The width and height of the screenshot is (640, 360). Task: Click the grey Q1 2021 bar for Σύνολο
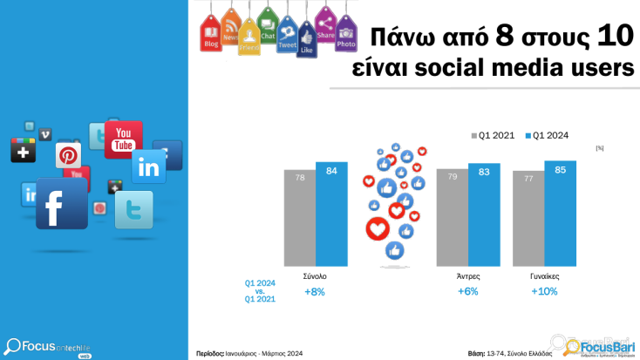tap(299, 218)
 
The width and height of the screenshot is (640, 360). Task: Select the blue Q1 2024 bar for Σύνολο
tap(331, 214)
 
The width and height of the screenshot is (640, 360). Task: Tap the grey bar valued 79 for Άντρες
tap(452, 217)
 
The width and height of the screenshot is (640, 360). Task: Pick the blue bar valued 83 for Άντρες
tap(484, 215)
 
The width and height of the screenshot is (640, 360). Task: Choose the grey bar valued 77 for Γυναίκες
tap(528, 219)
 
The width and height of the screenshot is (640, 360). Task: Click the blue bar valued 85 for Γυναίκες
tap(561, 214)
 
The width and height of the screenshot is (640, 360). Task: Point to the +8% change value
tap(314, 291)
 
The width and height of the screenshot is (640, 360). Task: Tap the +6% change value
tap(467, 291)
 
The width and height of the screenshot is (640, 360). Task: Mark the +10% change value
tap(544, 291)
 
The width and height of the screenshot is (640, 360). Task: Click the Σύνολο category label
tap(314, 275)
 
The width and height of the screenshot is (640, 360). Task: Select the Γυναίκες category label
tap(544, 275)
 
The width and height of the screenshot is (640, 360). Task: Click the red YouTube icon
tap(123, 139)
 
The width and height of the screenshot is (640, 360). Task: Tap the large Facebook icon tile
tap(61, 203)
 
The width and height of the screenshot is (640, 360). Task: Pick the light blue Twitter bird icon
tap(133, 210)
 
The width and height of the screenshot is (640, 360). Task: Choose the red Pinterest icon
tap(69, 156)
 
